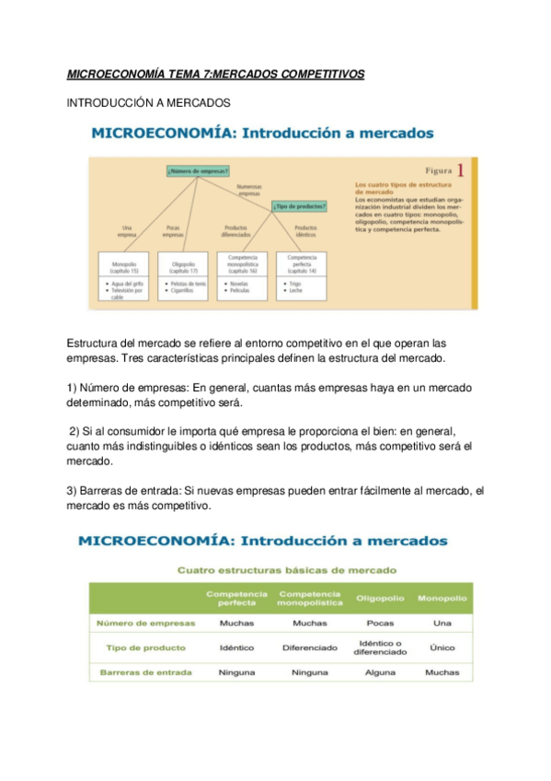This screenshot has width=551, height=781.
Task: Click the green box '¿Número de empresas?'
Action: [197, 170]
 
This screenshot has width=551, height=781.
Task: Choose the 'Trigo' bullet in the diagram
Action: [292, 284]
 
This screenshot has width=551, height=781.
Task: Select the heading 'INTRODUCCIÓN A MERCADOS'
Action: [148, 103]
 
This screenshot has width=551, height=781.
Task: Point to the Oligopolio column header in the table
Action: [380, 599]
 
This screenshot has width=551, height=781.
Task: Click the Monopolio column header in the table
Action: [442, 599]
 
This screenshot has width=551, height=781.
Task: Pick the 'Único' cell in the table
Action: [442, 647]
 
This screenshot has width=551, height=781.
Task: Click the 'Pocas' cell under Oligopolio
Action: [380, 623]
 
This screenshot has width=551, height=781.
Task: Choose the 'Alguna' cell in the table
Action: [380, 672]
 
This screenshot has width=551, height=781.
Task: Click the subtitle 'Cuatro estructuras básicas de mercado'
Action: [286, 570]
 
